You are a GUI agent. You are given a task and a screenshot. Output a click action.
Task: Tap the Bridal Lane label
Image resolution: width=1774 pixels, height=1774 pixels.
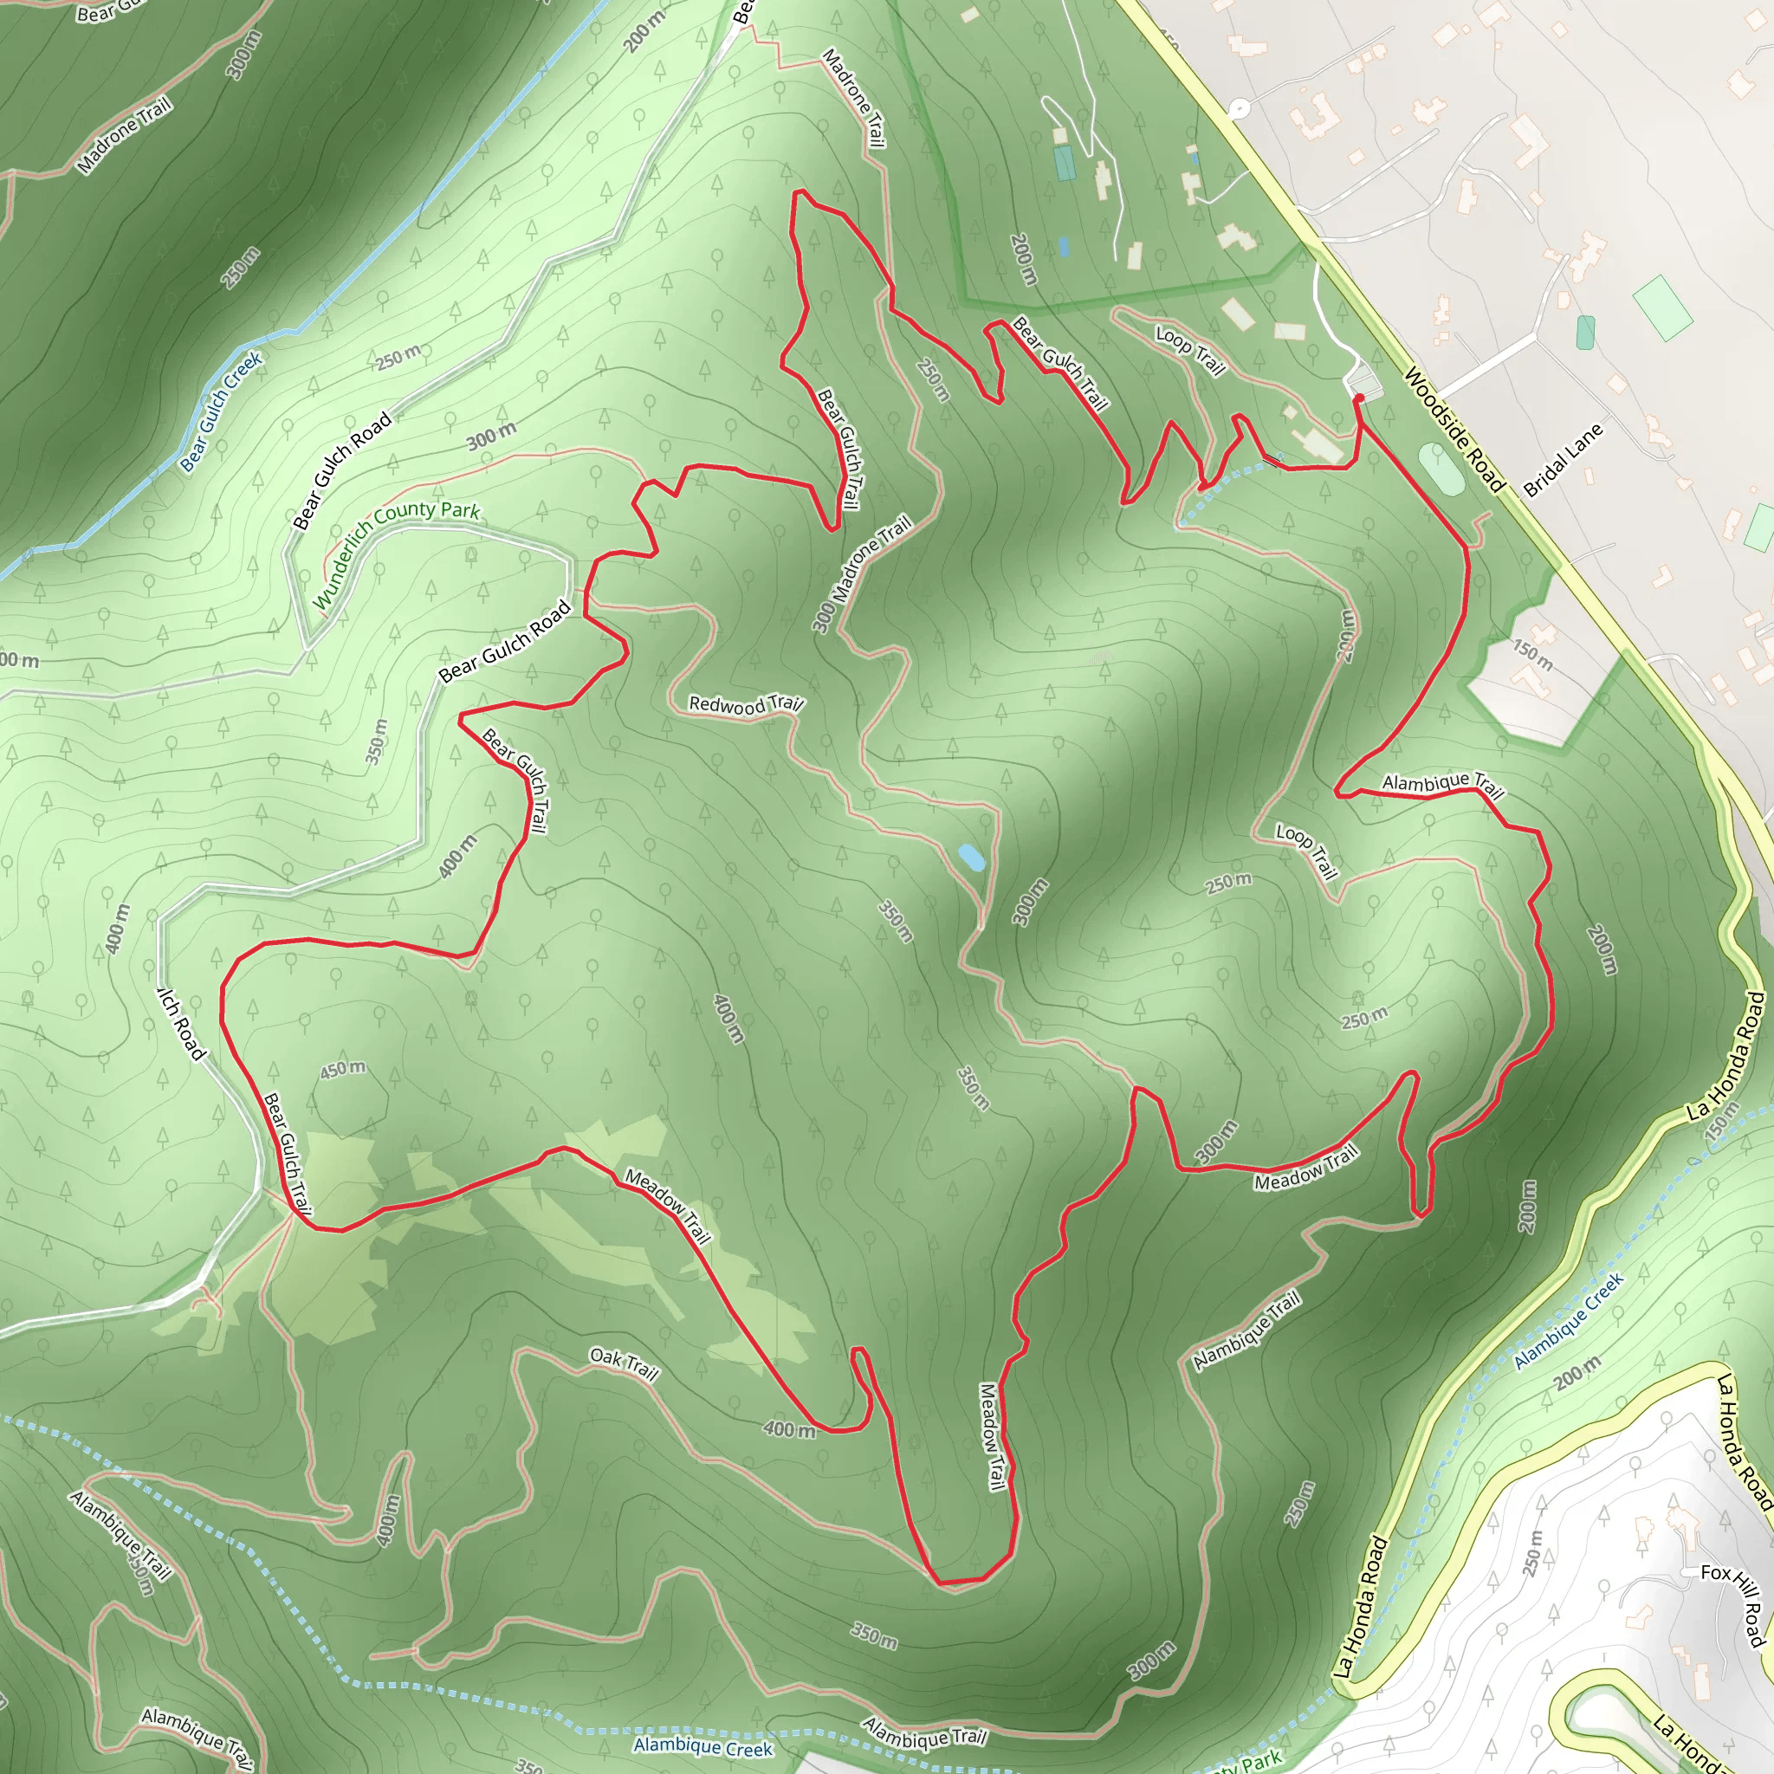point(1563,460)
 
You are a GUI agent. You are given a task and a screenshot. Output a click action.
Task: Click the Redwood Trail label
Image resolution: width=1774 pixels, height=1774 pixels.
point(746,704)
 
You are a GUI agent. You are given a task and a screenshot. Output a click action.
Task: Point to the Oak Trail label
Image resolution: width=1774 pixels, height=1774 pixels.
point(624,1363)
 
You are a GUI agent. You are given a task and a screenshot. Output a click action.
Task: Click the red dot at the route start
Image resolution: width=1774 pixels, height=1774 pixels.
point(1358,398)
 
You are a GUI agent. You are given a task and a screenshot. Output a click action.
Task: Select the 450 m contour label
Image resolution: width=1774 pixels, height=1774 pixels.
point(342,1069)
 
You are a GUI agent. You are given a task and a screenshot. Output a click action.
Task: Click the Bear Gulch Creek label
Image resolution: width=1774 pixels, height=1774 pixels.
point(220,411)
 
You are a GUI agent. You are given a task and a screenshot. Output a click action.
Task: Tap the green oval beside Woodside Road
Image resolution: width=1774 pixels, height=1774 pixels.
point(1441,469)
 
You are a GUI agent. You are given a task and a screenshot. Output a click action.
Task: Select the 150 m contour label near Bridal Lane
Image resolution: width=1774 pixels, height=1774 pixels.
point(1532,655)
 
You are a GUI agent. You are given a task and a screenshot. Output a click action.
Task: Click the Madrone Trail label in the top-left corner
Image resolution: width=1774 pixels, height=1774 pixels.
point(124,136)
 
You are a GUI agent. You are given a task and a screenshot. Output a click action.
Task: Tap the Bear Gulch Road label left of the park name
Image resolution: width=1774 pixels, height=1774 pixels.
point(342,470)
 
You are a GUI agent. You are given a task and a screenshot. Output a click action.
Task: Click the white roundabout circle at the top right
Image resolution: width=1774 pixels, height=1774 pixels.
point(1239,109)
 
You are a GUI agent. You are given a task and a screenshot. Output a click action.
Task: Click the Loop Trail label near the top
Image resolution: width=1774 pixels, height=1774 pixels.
point(1190,350)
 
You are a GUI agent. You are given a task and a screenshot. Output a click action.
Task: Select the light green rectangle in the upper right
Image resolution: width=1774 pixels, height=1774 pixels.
point(1662,308)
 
